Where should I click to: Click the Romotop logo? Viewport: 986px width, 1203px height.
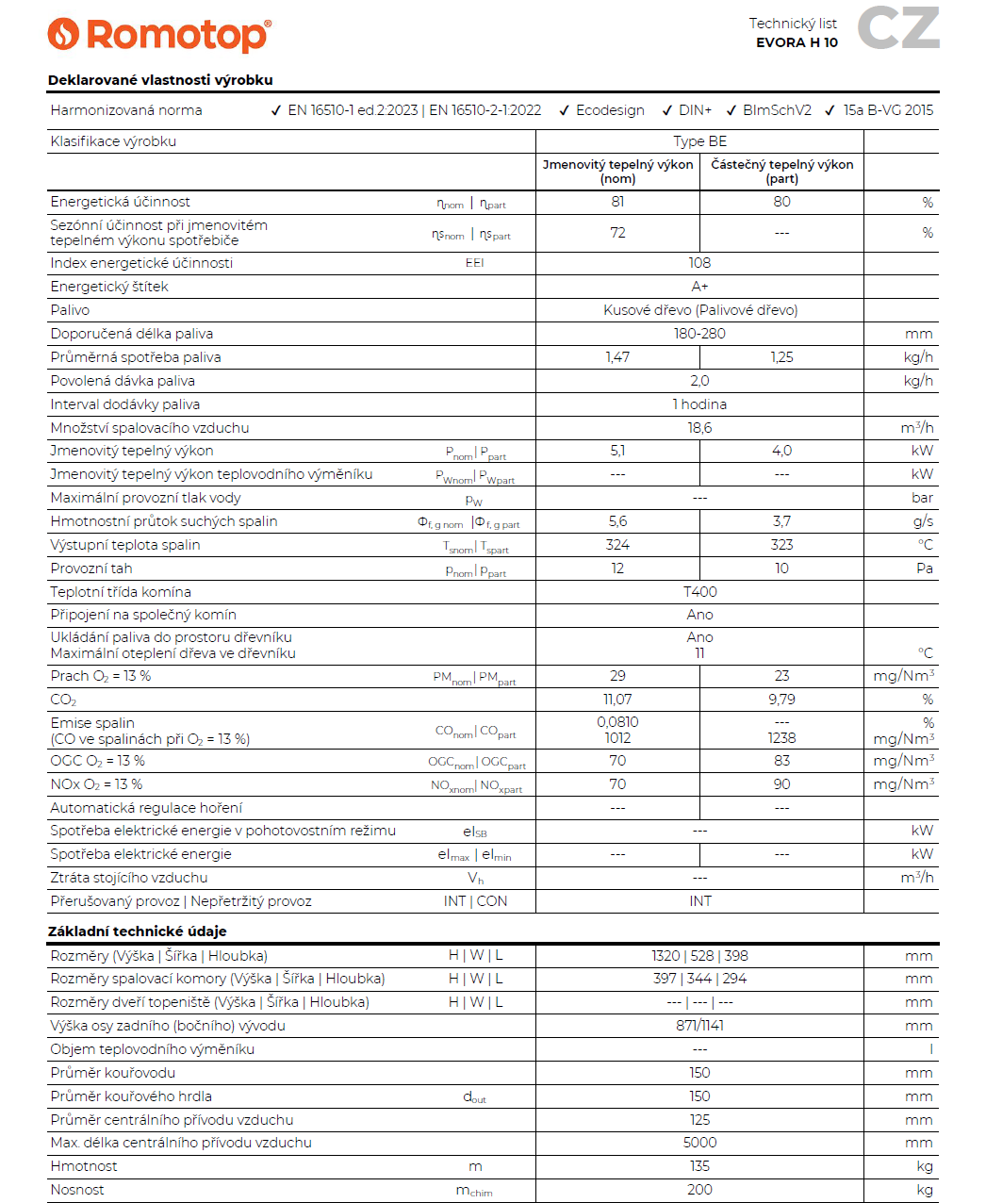[159, 35]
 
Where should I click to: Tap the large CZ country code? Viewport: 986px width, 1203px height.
[897, 28]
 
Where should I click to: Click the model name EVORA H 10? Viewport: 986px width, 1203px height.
[797, 42]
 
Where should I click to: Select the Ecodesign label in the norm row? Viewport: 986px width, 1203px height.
[610, 110]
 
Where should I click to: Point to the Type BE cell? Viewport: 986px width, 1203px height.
[699, 141]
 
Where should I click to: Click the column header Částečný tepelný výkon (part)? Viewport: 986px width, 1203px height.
[781, 172]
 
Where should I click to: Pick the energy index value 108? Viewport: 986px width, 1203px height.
[699, 263]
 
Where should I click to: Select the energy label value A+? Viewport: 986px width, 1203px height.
[699, 287]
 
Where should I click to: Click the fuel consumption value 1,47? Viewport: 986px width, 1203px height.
[617, 357]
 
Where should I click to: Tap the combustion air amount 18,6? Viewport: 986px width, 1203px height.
[699, 428]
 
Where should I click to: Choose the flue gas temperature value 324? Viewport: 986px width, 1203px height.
[617, 545]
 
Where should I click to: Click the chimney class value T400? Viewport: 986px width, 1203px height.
[699, 592]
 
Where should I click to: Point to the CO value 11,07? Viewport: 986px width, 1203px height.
[617, 700]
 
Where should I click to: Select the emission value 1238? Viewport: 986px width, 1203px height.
[781, 738]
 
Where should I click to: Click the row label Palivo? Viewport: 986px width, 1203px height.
[70, 310]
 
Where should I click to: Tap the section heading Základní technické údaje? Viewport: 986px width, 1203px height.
[138, 931]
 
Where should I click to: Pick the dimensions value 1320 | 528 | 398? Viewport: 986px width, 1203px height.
[699, 956]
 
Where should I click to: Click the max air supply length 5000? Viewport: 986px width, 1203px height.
[699, 1143]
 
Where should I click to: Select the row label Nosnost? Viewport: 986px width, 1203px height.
[77, 1190]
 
